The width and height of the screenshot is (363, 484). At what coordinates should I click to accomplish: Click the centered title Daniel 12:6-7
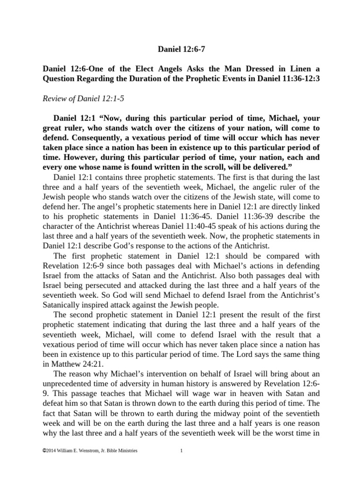point(181,48)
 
